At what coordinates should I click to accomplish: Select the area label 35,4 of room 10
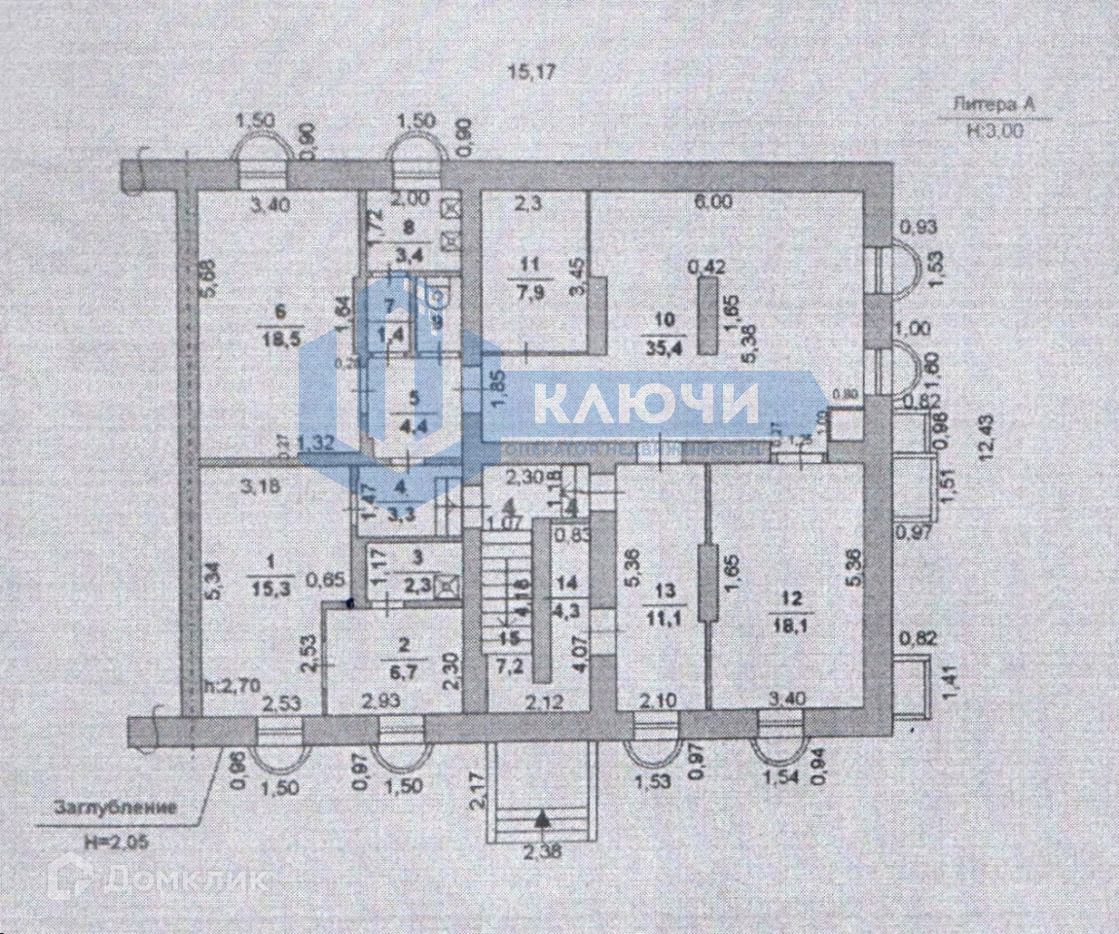pyautogui.click(x=665, y=338)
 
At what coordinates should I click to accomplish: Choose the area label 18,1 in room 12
pyautogui.click(x=787, y=625)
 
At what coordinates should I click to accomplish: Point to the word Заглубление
pyautogui.click(x=115, y=808)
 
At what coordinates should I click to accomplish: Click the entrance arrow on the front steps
pyautogui.click(x=544, y=822)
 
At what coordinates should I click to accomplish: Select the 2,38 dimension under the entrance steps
pyautogui.click(x=542, y=853)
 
